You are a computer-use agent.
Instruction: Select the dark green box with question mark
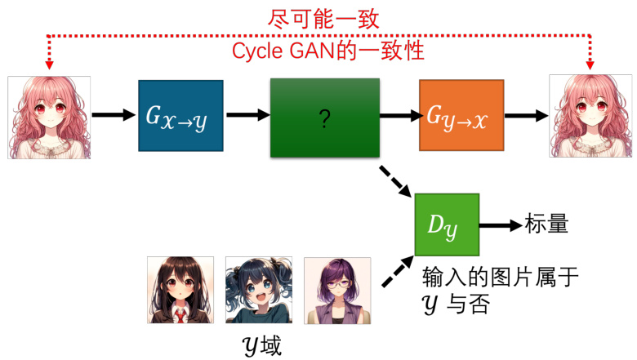325,118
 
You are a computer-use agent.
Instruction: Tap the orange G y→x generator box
459,115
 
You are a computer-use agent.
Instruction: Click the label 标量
546,224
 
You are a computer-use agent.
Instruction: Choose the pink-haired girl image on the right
590,116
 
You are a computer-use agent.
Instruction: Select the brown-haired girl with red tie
180,291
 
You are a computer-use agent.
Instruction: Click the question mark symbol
325,120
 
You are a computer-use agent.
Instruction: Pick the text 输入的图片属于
501,278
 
